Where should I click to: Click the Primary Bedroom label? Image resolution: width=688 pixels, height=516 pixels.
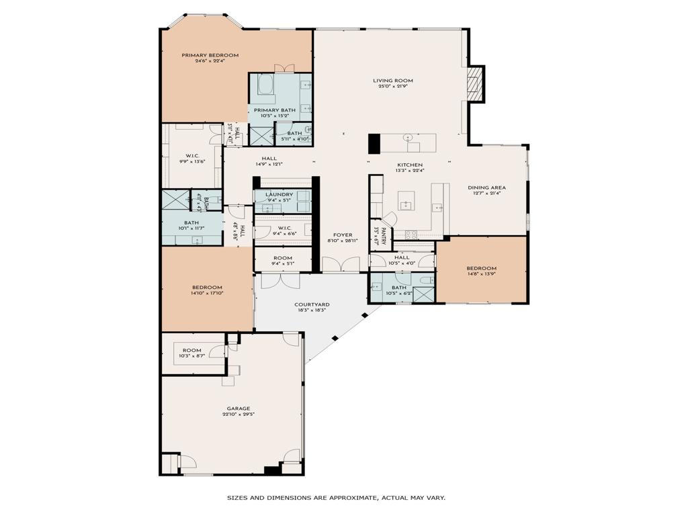click(210, 55)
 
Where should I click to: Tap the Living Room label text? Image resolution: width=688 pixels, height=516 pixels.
click(393, 81)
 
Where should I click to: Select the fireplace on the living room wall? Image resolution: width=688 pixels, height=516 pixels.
click(476, 84)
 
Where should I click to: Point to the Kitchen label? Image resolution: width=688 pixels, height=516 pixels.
click(410, 165)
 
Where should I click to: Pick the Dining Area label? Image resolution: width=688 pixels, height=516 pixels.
click(486, 187)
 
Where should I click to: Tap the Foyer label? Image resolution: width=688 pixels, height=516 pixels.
click(341, 234)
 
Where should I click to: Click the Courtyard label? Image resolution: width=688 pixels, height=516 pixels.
click(311, 304)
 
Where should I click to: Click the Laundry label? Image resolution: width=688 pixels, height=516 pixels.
click(279, 194)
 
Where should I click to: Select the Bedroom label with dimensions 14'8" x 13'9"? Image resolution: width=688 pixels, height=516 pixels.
click(481, 268)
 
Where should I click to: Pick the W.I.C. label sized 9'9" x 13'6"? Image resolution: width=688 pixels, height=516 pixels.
click(191, 156)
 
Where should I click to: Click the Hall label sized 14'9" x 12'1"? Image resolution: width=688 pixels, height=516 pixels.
click(269, 159)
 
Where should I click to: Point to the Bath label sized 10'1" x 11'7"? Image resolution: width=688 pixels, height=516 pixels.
click(191, 223)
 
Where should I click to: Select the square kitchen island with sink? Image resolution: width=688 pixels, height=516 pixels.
click(406, 200)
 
